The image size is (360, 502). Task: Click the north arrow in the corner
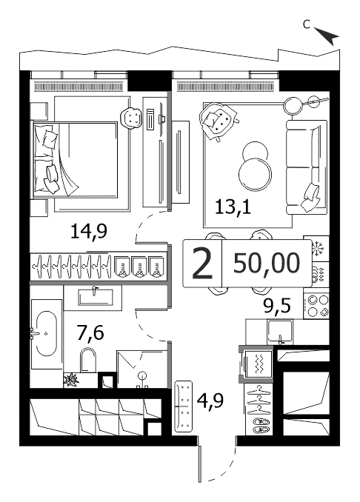(x=327, y=36)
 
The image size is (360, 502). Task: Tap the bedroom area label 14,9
(x=89, y=232)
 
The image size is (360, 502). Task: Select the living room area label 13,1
(x=233, y=207)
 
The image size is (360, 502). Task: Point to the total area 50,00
(x=267, y=263)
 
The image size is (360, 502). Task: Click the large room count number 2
(x=202, y=264)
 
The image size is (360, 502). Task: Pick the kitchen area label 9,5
(x=277, y=306)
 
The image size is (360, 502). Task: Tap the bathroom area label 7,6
(x=90, y=332)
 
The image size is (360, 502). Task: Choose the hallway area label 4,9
(x=210, y=400)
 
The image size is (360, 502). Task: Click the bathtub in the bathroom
(x=47, y=333)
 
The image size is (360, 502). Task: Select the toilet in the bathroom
(x=88, y=360)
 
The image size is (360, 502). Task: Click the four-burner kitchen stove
(x=316, y=306)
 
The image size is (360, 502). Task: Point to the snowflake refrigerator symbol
(x=316, y=248)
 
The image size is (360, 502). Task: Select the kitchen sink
(x=280, y=332)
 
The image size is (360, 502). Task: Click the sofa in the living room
(x=307, y=167)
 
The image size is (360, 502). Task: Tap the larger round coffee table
(x=255, y=174)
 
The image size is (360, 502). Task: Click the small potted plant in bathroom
(x=71, y=381)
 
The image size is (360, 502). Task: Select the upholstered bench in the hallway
(x=184, y=406)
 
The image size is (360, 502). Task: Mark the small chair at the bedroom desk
(x=131, y=118)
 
